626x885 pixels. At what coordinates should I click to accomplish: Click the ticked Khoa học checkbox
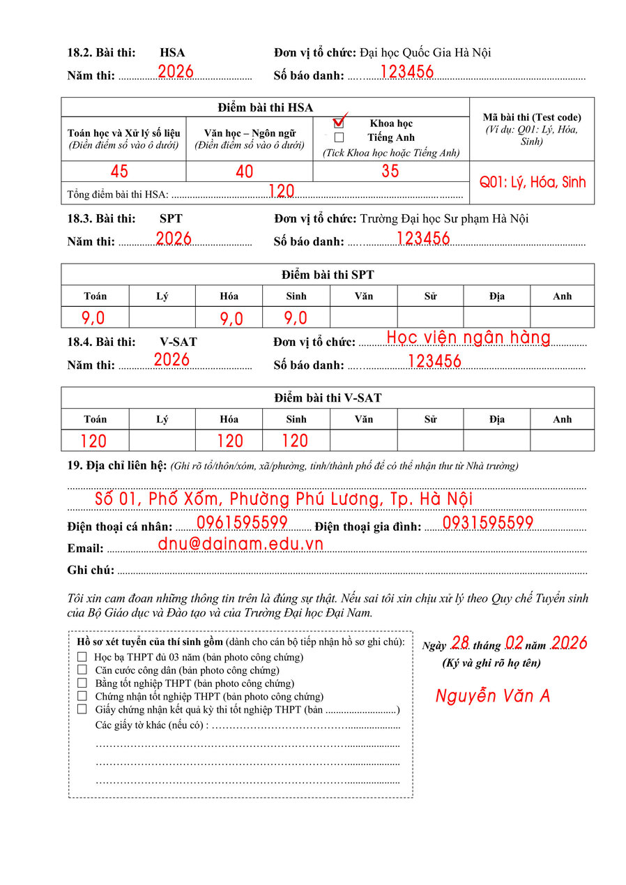pos(339,123)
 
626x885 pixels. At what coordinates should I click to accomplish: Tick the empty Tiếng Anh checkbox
pos(339,137)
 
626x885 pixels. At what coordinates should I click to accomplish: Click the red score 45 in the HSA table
pos(119,172)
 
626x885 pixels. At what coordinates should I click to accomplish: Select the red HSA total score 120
pos(281,191)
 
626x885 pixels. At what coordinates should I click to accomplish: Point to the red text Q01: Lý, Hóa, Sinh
pos(533,182)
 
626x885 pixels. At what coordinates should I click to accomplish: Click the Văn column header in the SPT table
pos(363,296)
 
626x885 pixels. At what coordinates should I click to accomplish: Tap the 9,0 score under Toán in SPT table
pos(93,318)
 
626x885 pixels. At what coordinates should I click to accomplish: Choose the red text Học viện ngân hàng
pos(468,338)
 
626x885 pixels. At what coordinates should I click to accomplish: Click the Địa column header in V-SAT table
pos(496,419)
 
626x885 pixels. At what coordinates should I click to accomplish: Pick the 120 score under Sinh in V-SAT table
pos(295,441)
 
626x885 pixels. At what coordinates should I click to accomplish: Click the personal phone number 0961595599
pos(242,522)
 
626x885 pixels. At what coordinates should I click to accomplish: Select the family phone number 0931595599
pos(488,522)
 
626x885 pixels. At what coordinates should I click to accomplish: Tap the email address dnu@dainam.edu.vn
pos(241,544)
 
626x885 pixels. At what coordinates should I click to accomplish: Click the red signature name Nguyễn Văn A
pos(493,695)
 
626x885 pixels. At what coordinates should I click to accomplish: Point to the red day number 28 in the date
pos(460,642)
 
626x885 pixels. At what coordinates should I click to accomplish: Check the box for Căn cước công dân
pos(82,670)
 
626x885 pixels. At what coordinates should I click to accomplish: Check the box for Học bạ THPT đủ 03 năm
pos(82,656)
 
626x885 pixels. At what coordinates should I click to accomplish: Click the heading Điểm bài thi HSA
pos(265,107)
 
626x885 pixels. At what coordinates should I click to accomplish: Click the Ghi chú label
pos(91,570)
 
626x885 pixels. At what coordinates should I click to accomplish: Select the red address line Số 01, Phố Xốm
pos(284,499)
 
